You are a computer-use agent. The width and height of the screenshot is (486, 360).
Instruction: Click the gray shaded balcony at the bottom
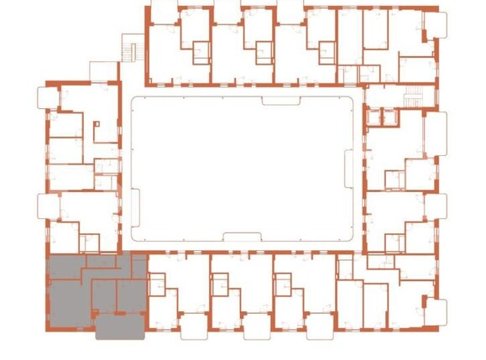pyautogui.click(x=119, y=325)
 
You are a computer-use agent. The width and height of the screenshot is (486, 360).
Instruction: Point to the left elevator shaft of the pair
pyautogui.click(x=373, y=117)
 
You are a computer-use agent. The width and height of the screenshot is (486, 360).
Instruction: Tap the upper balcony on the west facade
pyautogui.click(x=45, y=97)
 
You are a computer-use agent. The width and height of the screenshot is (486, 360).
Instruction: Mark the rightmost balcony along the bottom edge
pyautogui.click(x=377, y=324)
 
